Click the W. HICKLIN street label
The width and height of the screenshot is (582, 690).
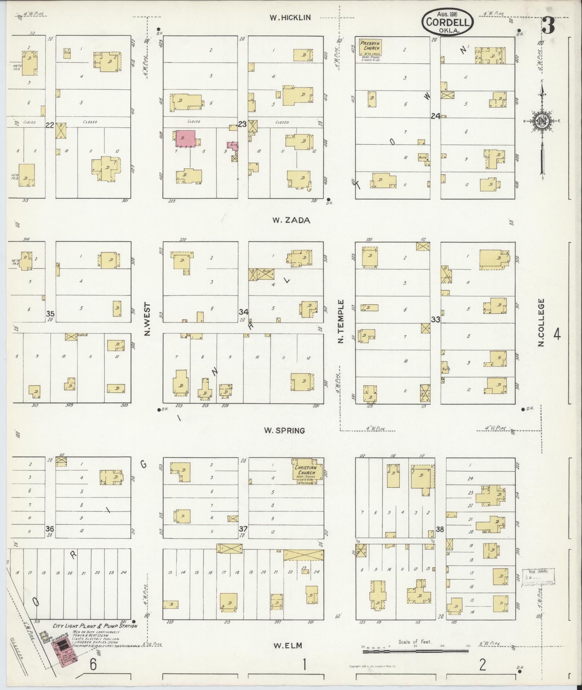[x=290, y=18]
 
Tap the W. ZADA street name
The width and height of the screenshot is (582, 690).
[x=291, y=220]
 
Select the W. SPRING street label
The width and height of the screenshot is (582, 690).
[x=284, y=430]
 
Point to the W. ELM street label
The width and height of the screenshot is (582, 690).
[x=287, y=645]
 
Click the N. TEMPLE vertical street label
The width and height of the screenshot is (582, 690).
[x=341, y=321]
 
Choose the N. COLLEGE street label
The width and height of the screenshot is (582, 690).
[x=541, y=322]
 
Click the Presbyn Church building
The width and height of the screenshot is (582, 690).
[x=370, y=48]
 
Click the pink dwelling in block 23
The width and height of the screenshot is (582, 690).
[x=185, y=139]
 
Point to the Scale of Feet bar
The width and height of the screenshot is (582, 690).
[x=415, y=651]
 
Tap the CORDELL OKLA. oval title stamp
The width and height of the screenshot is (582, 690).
[x=447, y=22]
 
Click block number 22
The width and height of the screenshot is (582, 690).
[x=50, y=125]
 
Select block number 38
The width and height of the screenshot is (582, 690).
[x=439, y=529]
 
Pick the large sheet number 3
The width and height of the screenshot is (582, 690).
[x=548, y=25]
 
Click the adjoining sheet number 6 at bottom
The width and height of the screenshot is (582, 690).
[x=93, y=665]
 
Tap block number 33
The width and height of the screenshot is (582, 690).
[x=436, y=319]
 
